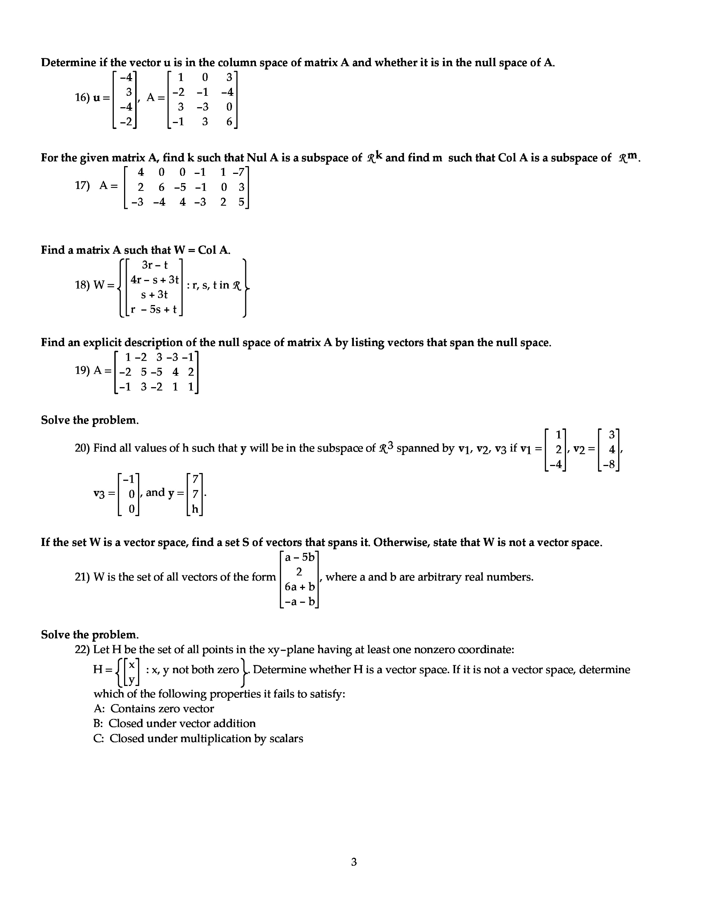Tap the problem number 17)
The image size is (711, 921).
[x=82, y=186]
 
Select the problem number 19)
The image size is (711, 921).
[x=82, y=371]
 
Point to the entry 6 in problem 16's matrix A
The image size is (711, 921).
[x=229, y=122]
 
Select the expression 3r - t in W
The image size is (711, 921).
[x=155, y=265]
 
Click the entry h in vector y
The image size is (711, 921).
[x=195, y=509]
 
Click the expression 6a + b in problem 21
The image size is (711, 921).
[x=300, y=586]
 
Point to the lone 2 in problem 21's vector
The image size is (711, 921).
[x=299, y=572]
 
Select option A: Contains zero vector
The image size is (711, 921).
[x=154, y=708]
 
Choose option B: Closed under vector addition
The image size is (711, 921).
[x=174, y=723]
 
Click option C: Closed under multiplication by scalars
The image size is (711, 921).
[x=198, y=738]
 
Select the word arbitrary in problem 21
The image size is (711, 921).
[x=440, y=577]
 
